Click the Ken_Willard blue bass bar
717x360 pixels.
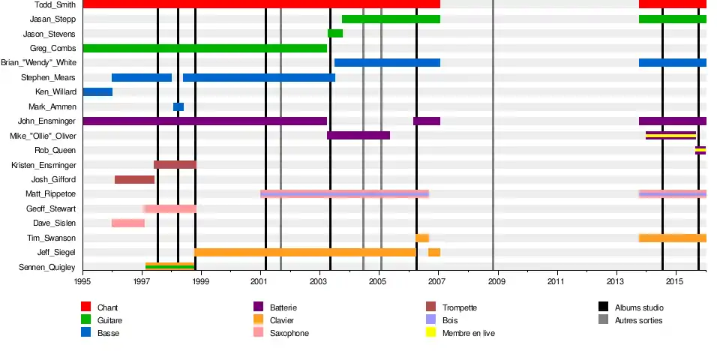(97, 92)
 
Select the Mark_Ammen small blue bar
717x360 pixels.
(178, 106)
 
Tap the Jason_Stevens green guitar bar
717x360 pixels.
(335, 34)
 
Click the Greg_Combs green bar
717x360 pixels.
(205, 48)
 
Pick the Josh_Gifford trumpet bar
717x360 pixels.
(134, 179)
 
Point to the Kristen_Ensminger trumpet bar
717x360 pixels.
(175, 165)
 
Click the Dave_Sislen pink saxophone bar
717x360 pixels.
(128, 223)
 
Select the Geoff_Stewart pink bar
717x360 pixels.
(170, 208)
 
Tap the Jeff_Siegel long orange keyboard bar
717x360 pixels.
(305, 252)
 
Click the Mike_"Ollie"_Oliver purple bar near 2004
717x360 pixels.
(358, 136)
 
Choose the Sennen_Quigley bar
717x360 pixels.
(170, 266)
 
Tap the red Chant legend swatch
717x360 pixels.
(86, 307)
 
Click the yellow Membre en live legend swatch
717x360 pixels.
(430, 332)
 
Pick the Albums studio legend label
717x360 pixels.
(638, 307)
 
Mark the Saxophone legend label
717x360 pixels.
(289, 333)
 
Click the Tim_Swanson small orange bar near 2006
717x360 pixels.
(422, 238)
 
